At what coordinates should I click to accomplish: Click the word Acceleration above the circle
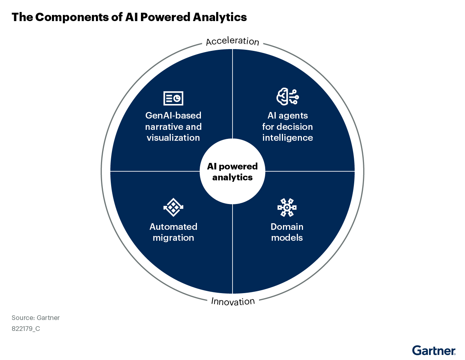tap(232, 41)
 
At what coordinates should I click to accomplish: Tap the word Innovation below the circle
tap(233, 301)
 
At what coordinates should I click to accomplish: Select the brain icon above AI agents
tap(287, 97)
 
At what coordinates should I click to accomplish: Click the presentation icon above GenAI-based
tap(173, 98)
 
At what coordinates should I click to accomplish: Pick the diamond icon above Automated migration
tap(173, 207)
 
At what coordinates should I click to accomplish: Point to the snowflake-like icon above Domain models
tap(287, 207)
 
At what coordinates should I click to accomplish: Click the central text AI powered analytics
tap(232, 172)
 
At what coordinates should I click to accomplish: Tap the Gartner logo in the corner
tap(434, 351)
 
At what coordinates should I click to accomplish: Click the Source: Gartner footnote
tap(36, 318)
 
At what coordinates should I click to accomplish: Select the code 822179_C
tap(26, 329)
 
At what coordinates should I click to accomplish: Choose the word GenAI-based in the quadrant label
tap(173, 116)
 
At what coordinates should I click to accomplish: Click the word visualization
tap(173, 138)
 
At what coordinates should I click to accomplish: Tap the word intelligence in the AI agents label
tap(287, 138)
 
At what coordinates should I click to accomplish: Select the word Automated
tap(173, 227)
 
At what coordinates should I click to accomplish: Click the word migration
tap(173, 238)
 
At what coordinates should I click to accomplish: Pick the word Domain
tap(287, 227)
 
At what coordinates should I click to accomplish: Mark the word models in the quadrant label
tap(287, 238)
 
